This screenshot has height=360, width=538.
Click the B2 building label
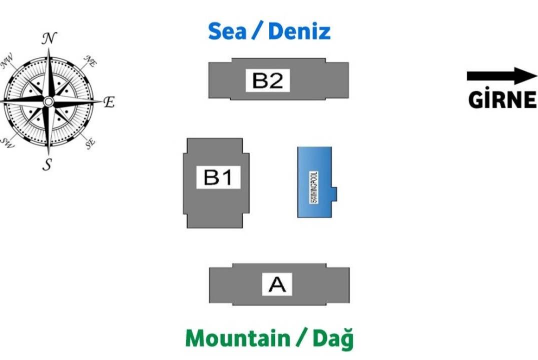[x=268, y=80]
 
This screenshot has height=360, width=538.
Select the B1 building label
[x=218, y=177]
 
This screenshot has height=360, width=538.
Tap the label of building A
[x=277, y=284]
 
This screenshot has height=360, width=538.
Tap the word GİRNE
[x=502, y=100]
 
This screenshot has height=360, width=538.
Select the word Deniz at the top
[x=299, y=31]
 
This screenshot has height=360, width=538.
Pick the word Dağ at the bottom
[x=333, y=338]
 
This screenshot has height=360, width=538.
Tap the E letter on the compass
[x=109, y=102]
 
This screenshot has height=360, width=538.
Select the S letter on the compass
[x=47, y=164]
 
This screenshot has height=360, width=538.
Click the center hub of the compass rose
[x=49, y=101]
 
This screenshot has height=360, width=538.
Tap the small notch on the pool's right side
[x=334, y=193]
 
